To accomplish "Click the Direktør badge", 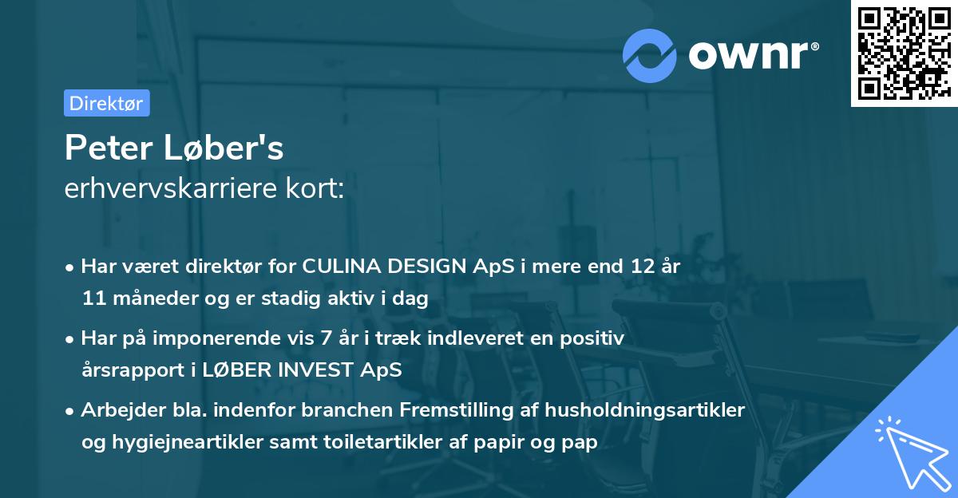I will click(x=106, y=103).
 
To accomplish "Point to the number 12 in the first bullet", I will click(x=636, y=267).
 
